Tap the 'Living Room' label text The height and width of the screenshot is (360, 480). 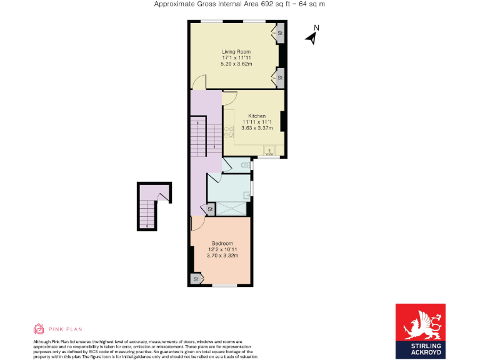pyautogui.click(x=236, y=51)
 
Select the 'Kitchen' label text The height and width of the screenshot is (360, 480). pyautogui.click(x=257, y=116)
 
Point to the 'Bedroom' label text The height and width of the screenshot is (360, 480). pyautogui.click(x=222, y=243)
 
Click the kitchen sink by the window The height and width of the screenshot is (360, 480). pyautogui.click(x=270, y=150)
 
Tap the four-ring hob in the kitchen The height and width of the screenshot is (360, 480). pyautogui.click(x=229, y=131)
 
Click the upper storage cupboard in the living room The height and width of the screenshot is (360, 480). pyautogui.click(x=279, y=32)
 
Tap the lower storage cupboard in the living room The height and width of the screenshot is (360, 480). pyautogui.click(x=279, y=78)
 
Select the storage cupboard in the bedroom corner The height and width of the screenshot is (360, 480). pyautogui.click(x=196, y=278)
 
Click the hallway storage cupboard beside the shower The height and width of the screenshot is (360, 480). pyautogui.click(x=211, y=209)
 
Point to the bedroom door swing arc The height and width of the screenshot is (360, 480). pyautogui.click(x=197, y=223)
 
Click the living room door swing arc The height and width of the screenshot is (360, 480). pyautogui.click(x=199, y=82)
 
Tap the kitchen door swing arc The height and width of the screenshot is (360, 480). pyautogui.click(x=229, y=97)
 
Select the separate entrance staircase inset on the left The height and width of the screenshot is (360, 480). pyautogui.click(x=151, y=206)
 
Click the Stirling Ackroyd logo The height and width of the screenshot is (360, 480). pyautogui.click(x=420, y=331)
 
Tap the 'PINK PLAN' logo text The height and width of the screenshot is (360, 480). pyautogui.click(x=57, y=329)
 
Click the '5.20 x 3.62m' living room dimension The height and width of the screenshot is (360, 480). pyautogui.click(x=236, y=64)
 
